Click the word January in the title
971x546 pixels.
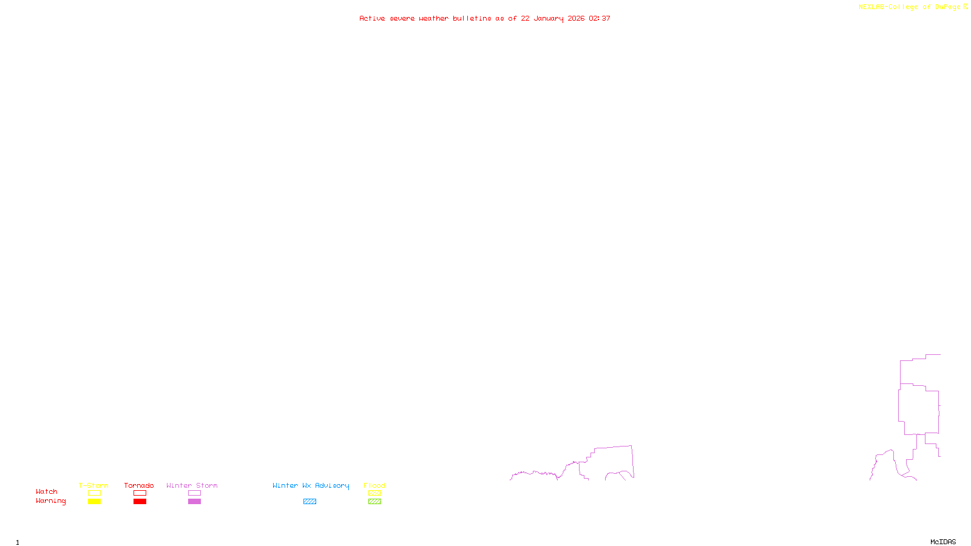(548, 19)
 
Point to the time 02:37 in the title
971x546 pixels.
(600, 19)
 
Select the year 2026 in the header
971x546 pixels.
(576, 19)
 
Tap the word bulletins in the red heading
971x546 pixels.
(472, 19)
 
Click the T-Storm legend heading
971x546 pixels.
(93, 485)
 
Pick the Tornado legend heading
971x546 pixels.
(139, 485)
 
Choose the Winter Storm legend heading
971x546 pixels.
(192, 485)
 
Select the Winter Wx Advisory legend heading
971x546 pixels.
(311, 485)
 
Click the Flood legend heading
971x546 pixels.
(374, 485)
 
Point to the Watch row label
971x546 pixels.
(47, 491)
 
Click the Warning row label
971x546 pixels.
(51, 501)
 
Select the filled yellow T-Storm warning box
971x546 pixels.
(94, 502)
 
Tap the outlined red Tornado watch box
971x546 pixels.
(140, 493)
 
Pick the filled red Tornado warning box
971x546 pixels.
(140, 502)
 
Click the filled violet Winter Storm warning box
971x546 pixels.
(194, 502)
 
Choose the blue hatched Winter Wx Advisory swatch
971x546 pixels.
(310, 502)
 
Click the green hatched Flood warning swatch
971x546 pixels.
(374, 502)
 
